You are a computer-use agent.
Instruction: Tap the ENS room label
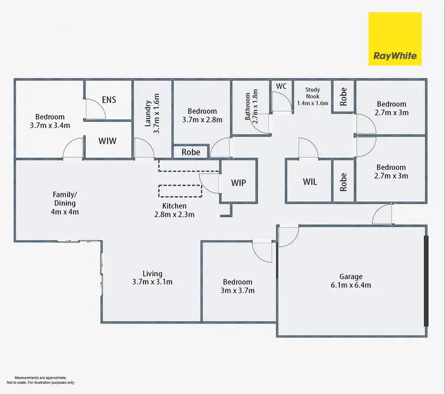[x=109, y=100]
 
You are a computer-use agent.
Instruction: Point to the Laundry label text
[x=152, y=113]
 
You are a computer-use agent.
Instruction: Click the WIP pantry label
[x=239, y=182]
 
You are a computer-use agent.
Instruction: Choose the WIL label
[x=310, y=182]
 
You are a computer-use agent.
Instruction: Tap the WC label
[x=281, y=86]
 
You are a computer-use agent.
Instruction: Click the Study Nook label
[x=313, y=96]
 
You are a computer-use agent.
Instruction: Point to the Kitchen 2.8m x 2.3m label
[x=174, y=209]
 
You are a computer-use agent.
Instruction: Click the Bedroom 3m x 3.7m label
[x=237, y=286]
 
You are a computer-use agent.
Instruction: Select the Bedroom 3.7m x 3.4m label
[x=50, y=121]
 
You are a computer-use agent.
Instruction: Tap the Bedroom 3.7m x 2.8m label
[x=202, y=115]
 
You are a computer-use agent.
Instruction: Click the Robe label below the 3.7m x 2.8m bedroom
[x=190, y=152]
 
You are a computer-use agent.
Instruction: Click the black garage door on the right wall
[x=425, y=280]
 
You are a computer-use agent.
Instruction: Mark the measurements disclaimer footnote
[x=40, y=380]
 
